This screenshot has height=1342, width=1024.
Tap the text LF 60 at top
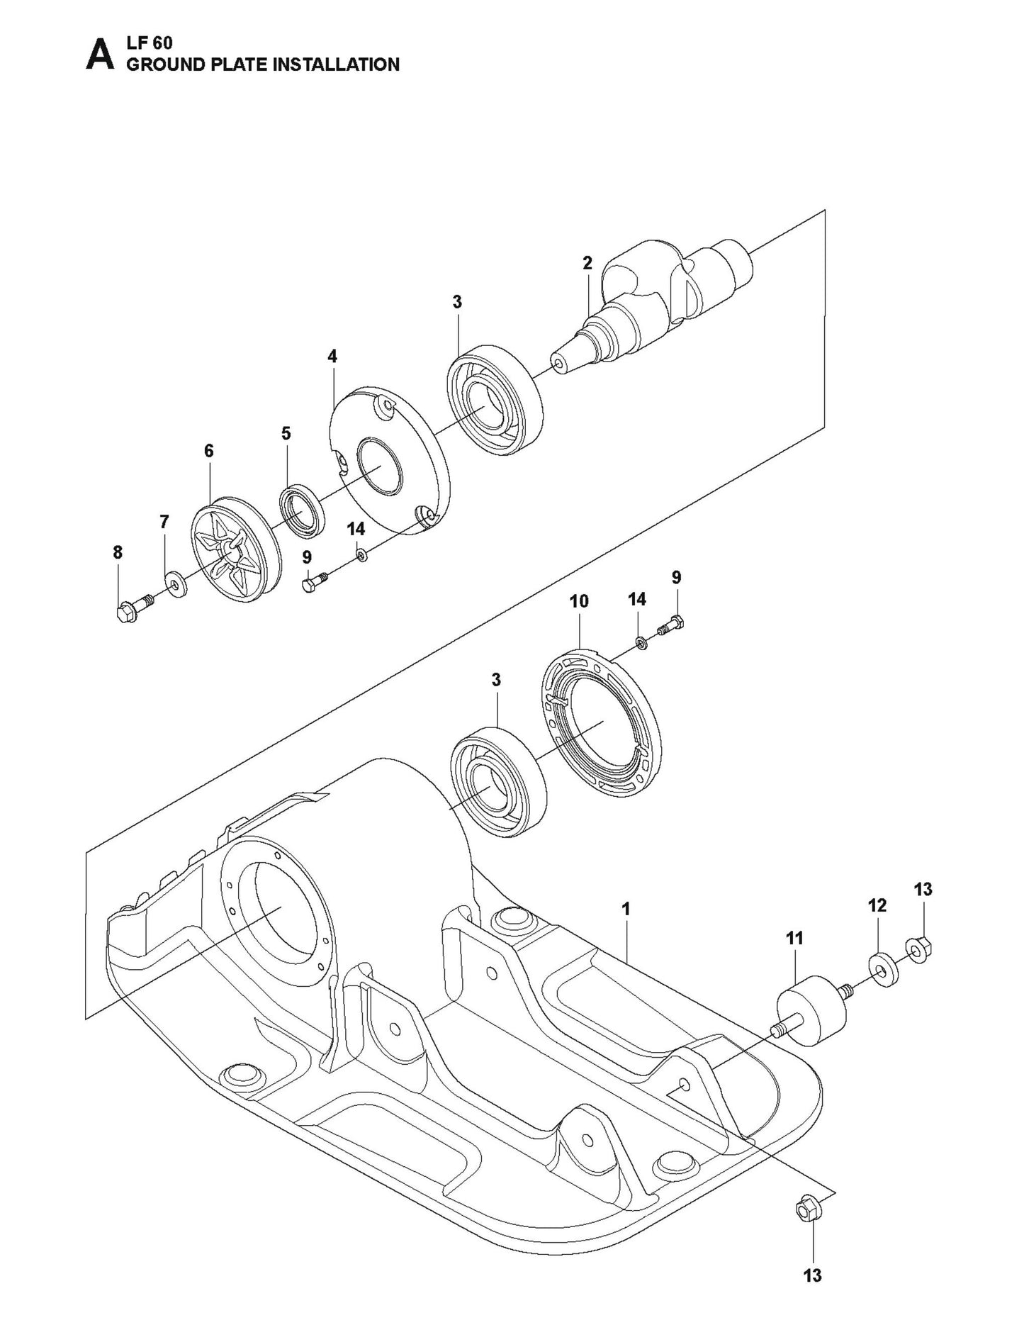146,44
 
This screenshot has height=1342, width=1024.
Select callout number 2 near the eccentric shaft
587,263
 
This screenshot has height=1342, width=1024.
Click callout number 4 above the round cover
332,357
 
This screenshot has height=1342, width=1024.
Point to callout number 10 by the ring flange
579,601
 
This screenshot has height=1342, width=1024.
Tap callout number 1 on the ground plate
626,909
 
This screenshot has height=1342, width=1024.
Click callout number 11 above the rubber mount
794,939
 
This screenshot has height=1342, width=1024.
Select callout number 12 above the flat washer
877,905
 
